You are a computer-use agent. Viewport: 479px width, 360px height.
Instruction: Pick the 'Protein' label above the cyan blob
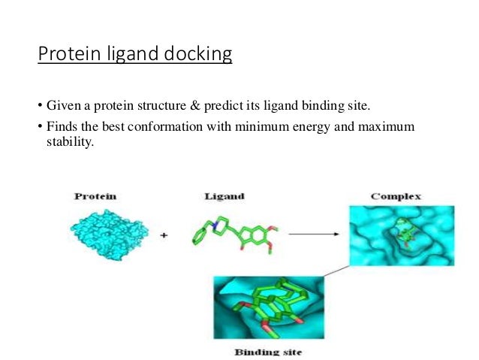coord(95,196)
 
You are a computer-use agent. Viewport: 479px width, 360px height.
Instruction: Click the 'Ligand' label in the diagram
coord(222,196)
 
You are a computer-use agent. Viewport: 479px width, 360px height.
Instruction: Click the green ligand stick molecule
coord(236,233)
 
